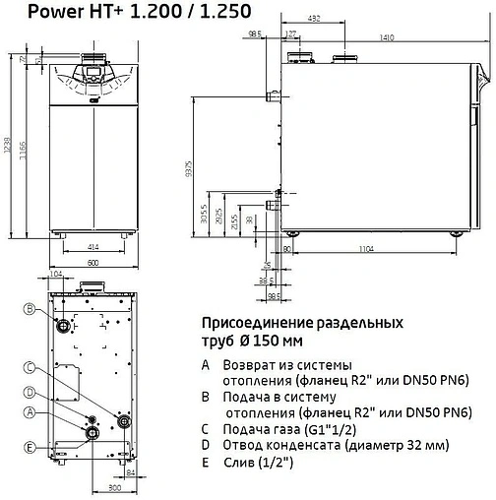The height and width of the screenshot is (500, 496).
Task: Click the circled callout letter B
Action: [x=30, y=310]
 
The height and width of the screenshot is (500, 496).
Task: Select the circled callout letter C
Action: [x=30, y=368]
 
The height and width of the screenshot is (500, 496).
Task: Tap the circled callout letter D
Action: [x=30, y=393]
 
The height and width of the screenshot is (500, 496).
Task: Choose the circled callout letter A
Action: [x=30, y=412]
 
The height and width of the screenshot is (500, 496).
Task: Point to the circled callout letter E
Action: [x=30, y=447]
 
